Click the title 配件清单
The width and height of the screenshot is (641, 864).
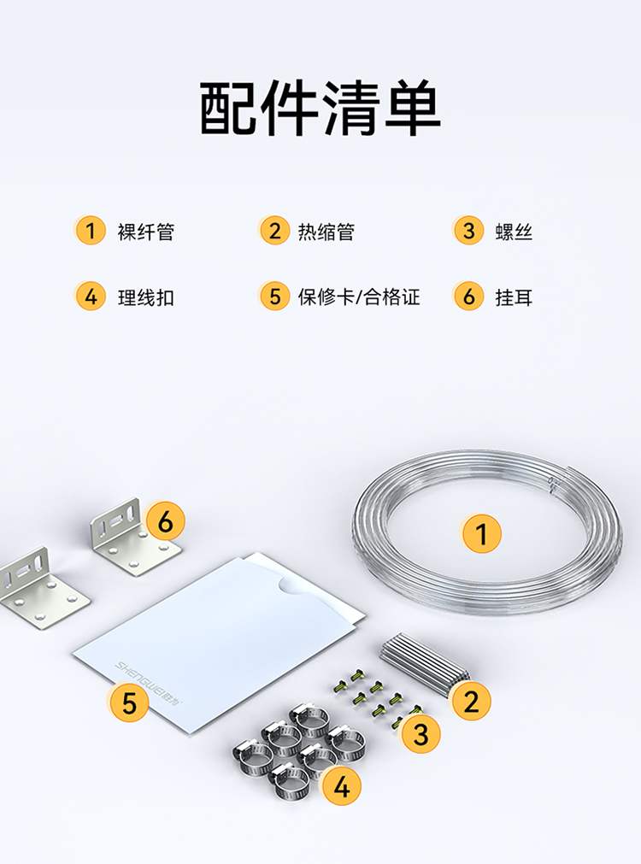pyautogui.click(x=320, y=108)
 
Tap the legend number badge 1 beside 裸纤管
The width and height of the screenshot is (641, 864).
pyautogui.click(x=91, y=231)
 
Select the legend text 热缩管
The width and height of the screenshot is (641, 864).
pyautogui.click(x=326, y=232)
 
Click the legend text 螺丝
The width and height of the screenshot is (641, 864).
pyautogui.click(x=514, y=232)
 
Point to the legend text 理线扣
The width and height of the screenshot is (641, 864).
pyautogui.click(x=146, y=297)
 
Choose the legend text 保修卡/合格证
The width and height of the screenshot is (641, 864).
pyautogui.click(x=359, y=297)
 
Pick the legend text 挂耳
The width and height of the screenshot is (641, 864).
pyautogui.click(x=514, y=297)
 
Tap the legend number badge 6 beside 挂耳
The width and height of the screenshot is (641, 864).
pyautogui.click(x=468, y=297)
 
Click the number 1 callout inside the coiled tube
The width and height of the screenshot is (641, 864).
pyautogui.click(x=481, y=533)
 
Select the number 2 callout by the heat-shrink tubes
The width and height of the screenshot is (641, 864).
pyautogui.click(x=471, y=702)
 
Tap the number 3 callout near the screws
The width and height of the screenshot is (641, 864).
pyautogui.click(x=420, y=734)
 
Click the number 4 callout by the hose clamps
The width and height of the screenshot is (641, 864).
pyautogui.click(x=342, y=786)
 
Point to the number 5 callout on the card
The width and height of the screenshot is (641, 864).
pyautogui.click(x=129, y=702)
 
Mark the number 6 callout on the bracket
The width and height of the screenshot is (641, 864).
pyautogui.click(x=165, y=520)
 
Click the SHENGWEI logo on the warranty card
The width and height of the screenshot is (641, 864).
pyautogui.click(x=150, y=683)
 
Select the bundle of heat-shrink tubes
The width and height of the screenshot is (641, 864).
pyautogui.click(x=423, y=663)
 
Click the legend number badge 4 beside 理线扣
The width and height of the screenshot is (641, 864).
pyautogui.click(x=91, y=297)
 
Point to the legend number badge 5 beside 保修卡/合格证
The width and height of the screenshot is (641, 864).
pyautogui.click(x=274, y=297)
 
